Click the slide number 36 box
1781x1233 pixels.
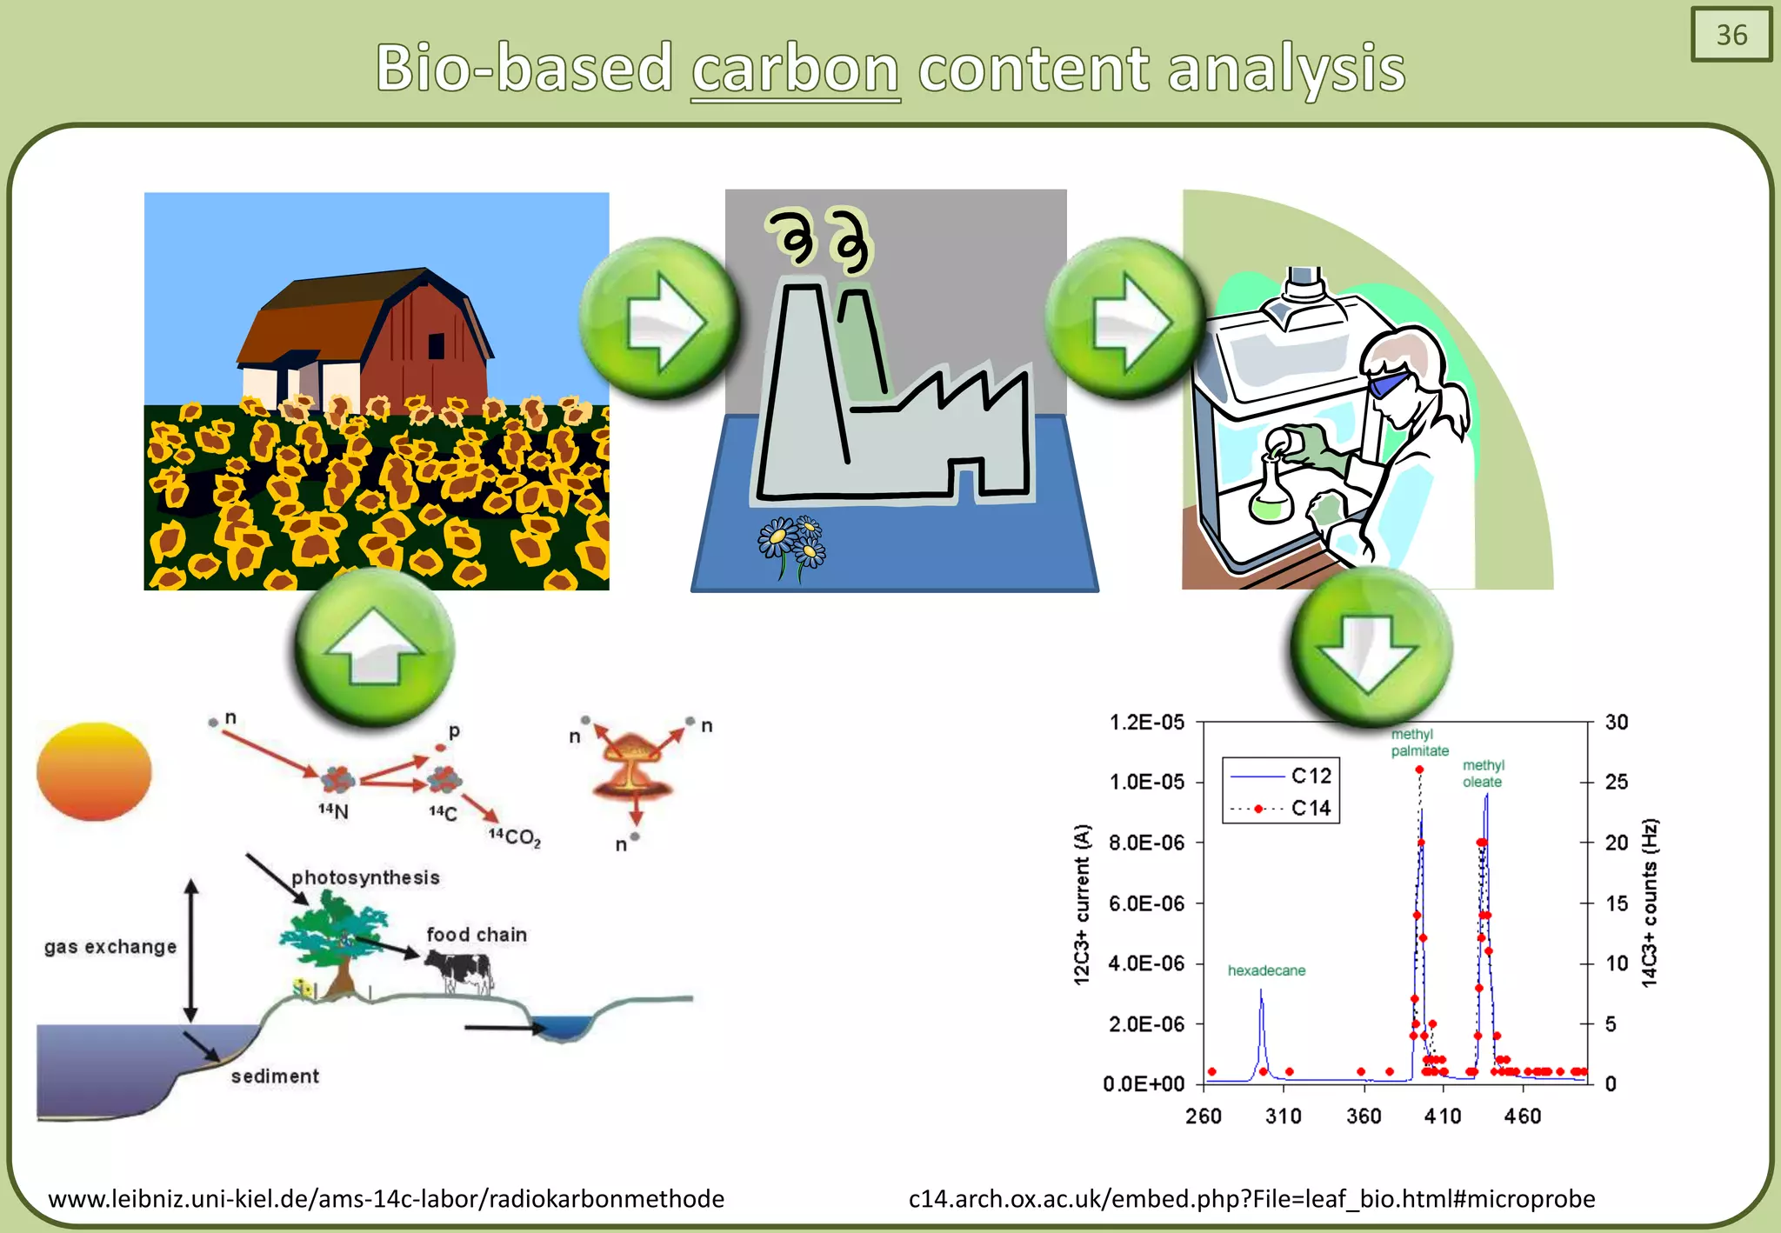[x=1731, y=35]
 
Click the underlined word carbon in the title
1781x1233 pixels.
[x=795, y=70]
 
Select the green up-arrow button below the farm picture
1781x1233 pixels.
[x=375, y=648]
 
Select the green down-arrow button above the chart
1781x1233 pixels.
[x=1371, y=648]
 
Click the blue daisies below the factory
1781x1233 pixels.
[x=791, y=543]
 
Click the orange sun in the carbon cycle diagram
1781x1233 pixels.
[x=94, y=771]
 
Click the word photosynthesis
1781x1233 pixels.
[x=365, y=877]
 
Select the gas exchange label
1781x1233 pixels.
[x=110, y=947]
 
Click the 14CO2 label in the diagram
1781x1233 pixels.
[x=514, y=837]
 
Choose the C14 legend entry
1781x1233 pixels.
[x=1311, y=808]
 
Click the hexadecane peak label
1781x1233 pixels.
[x=1266, y=970]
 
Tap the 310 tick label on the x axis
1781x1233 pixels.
[x=1284, y=1116]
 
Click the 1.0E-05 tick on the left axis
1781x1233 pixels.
[x=1147, y=782]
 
